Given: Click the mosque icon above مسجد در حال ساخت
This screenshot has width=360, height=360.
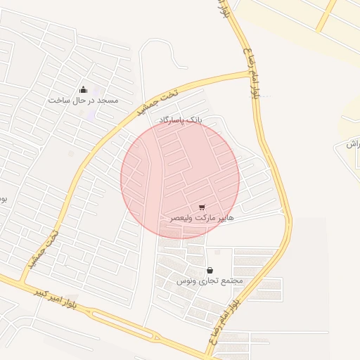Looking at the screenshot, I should click(84, 89).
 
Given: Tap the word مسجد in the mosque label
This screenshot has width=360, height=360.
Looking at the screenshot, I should click(108, 101).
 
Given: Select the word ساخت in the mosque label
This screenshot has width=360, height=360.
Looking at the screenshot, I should click(58, 101).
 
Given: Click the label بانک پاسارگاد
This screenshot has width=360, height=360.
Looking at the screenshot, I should click(180, 120).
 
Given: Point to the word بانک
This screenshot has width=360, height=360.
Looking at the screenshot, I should click(193, 120).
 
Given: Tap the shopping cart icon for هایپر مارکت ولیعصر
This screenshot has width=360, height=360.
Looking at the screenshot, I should click(202, 207).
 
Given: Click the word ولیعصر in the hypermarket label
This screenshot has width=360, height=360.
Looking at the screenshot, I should click(181, 219).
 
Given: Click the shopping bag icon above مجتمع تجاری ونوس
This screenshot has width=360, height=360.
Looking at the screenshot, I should click(210, 270).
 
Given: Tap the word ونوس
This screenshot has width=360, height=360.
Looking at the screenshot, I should click(184, 281).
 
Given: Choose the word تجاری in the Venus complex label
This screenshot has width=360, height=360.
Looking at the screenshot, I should click(207, 281).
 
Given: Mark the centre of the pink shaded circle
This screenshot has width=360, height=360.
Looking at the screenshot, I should click(180, 179).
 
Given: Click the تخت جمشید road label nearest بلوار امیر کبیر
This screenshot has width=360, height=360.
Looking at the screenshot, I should click(43, 250).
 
